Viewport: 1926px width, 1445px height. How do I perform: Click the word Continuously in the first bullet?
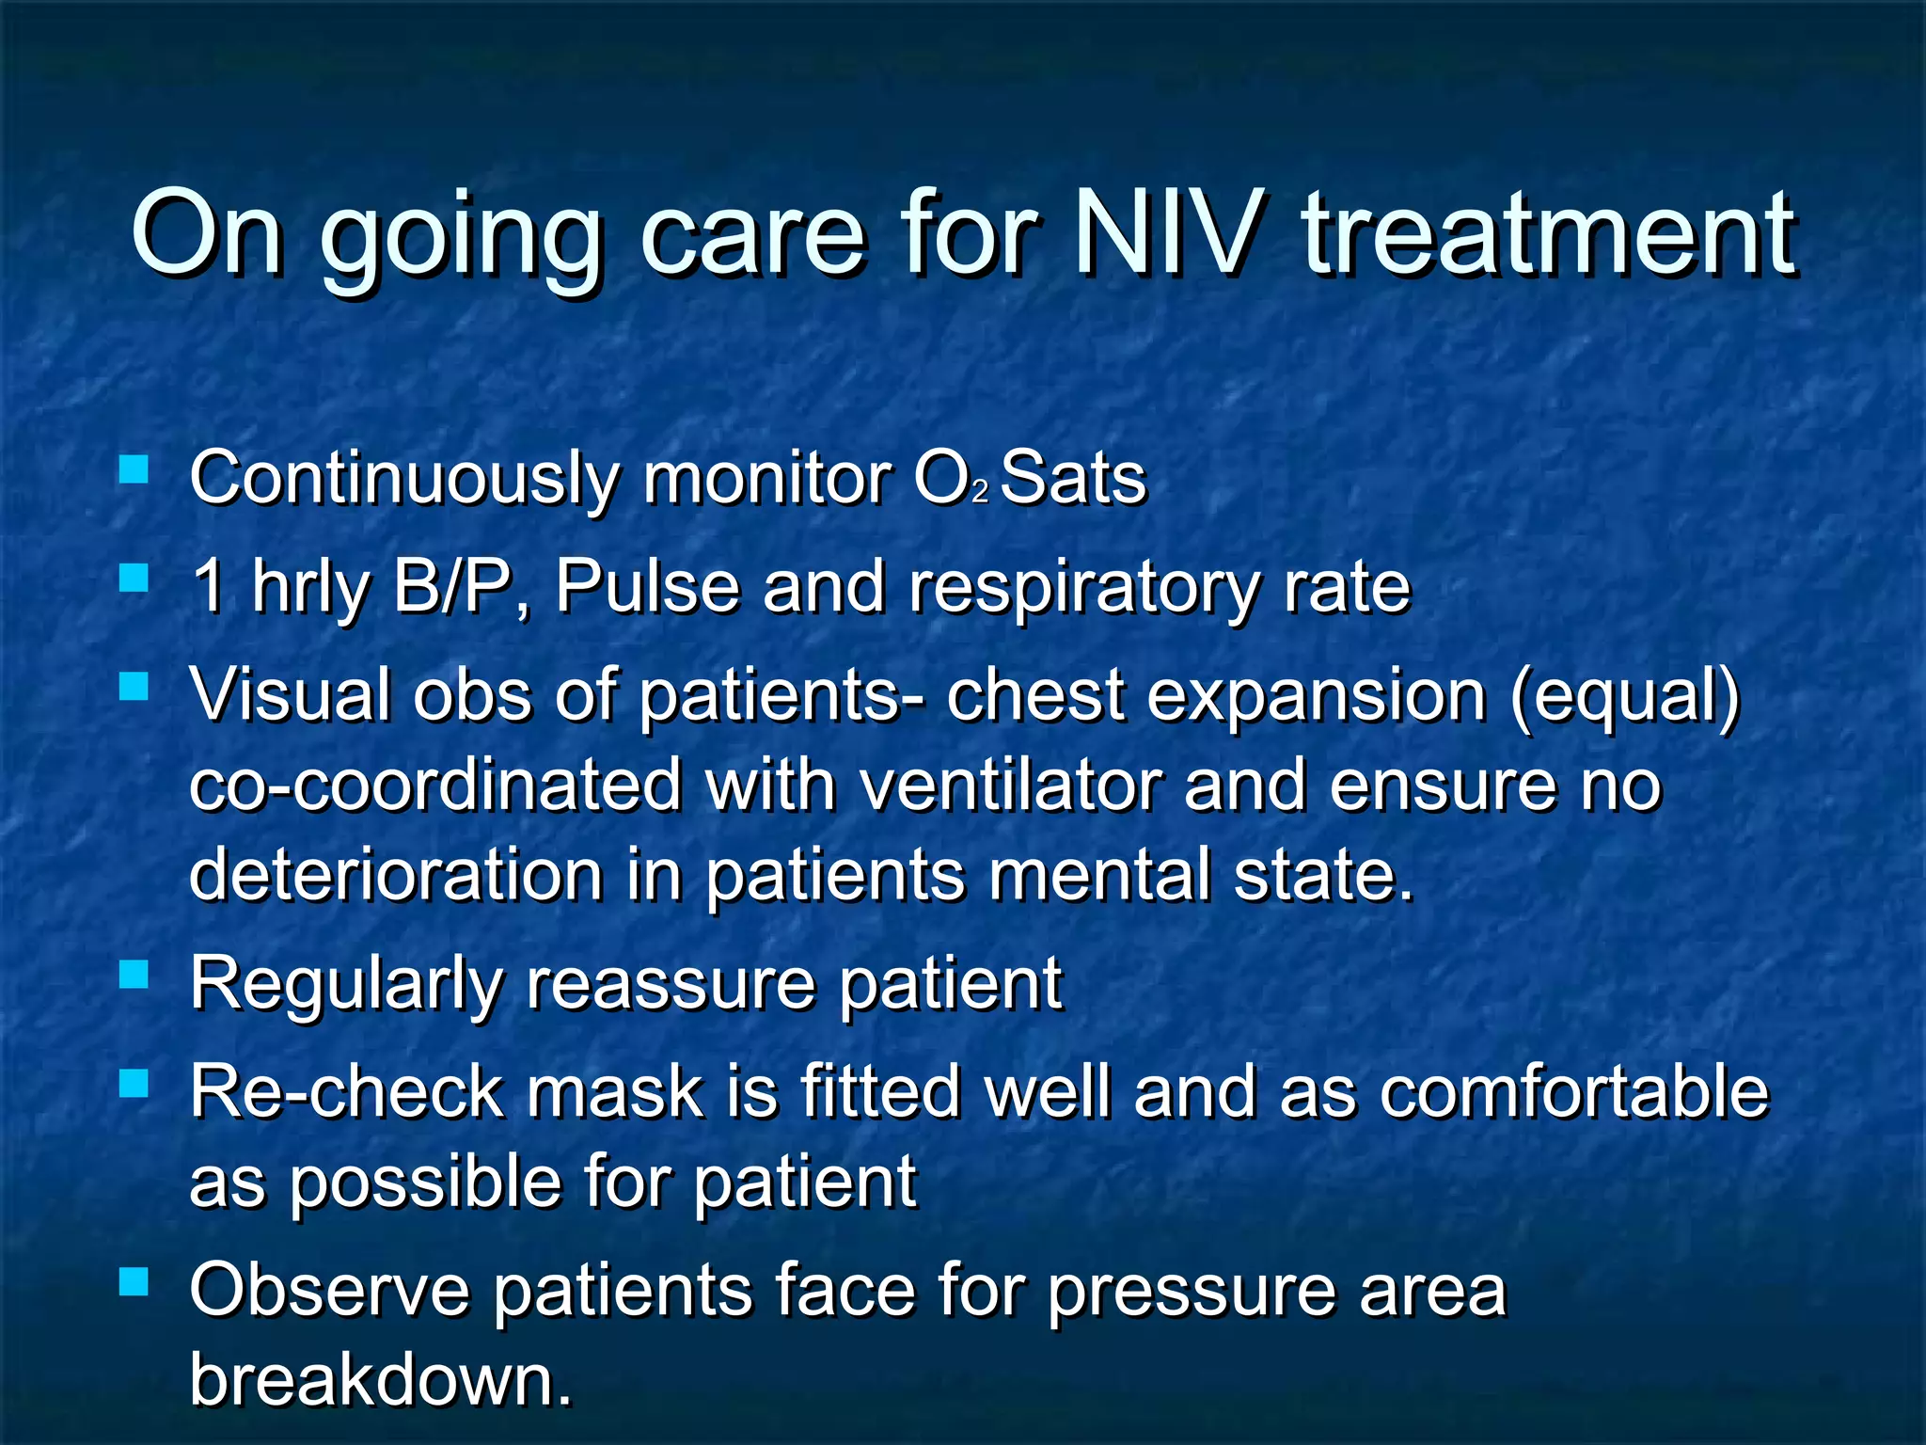coord(403,480)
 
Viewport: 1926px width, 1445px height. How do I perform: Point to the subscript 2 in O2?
coord(980,493)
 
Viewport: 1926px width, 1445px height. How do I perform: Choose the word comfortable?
coord(1574,1093)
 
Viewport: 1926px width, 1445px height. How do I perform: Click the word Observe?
coord(329,1291)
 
